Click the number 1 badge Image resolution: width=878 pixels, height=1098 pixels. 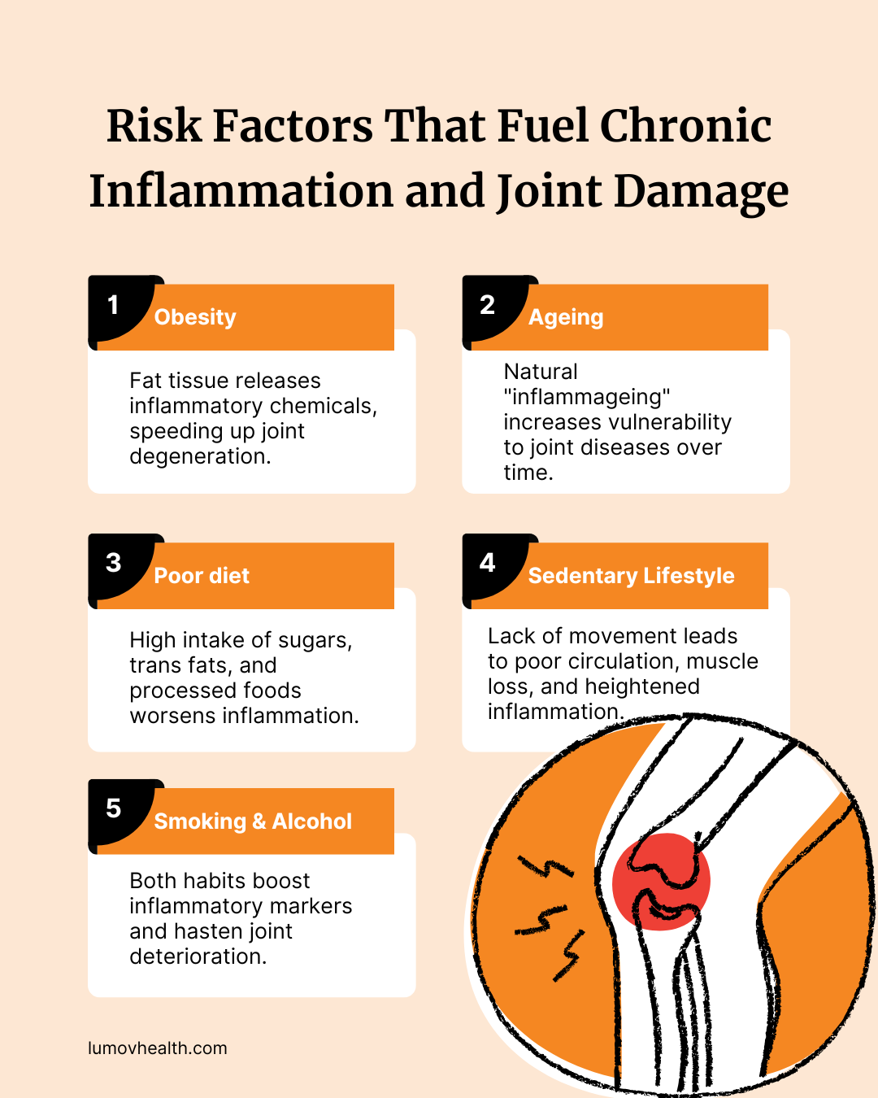[114, 305]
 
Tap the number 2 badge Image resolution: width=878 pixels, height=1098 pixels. [488, 305]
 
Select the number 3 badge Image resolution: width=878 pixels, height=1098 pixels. [114, 563]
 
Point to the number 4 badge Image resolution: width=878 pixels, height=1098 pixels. [488, 563]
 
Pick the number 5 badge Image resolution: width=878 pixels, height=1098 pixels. [114, 808]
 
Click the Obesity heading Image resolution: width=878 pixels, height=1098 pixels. [195, 317]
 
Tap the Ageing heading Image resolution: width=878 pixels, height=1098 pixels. [566, 317]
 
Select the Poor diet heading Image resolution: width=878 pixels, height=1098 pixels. [202, 576]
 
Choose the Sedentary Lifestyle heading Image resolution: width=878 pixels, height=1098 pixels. [631, 576]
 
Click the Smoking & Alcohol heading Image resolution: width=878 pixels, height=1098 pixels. [253, 821]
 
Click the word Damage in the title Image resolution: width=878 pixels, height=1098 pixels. [701, 192]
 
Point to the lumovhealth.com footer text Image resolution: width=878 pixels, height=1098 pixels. [158, 1048]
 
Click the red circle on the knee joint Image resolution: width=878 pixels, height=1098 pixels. [661, 882]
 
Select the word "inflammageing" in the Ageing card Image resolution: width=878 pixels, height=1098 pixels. [587, 398]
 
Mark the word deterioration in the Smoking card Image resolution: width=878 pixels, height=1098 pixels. [197, 956]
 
